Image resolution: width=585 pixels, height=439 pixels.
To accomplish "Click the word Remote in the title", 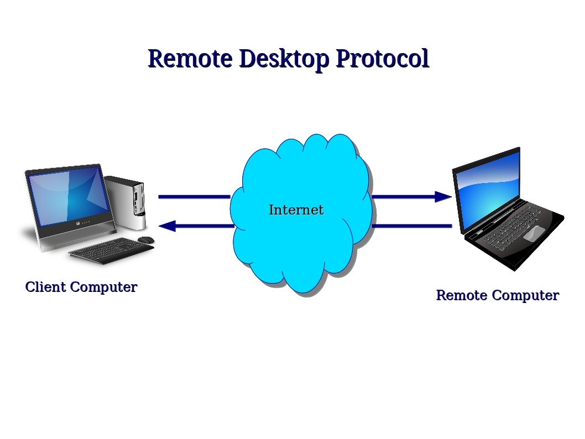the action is tap(190, 59).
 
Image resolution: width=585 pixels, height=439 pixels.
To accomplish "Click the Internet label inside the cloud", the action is tap(296, 210).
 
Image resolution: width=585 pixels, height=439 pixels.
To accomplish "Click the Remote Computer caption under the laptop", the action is tap(498, 295).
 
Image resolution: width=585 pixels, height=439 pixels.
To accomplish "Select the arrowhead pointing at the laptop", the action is tap(443, 197).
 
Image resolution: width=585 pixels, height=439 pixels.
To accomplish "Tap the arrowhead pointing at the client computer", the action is tap(168, 226).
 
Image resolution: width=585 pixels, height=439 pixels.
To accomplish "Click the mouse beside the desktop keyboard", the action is tap(146, 240).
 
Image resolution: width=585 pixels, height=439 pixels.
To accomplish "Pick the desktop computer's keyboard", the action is tap(111, 251).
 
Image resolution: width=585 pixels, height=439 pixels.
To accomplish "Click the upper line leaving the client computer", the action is tap(195, 197).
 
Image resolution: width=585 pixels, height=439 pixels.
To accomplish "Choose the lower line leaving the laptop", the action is tap(412, 226).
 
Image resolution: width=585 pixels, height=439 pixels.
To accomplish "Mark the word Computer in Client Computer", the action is tap(104, 287).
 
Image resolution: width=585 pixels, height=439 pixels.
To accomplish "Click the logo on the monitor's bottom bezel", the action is tap(78, 224).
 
